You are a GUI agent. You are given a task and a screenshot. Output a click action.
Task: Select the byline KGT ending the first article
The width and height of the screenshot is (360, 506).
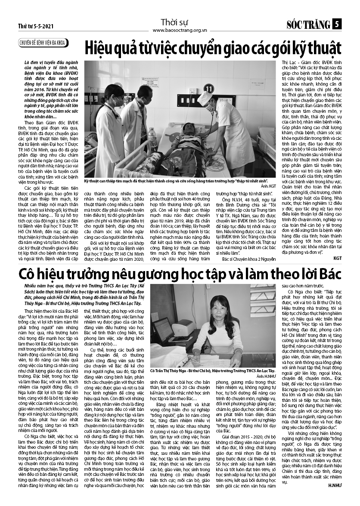(338, 258)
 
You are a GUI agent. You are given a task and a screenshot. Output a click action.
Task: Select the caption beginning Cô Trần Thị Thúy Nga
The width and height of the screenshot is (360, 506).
(213, 370)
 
